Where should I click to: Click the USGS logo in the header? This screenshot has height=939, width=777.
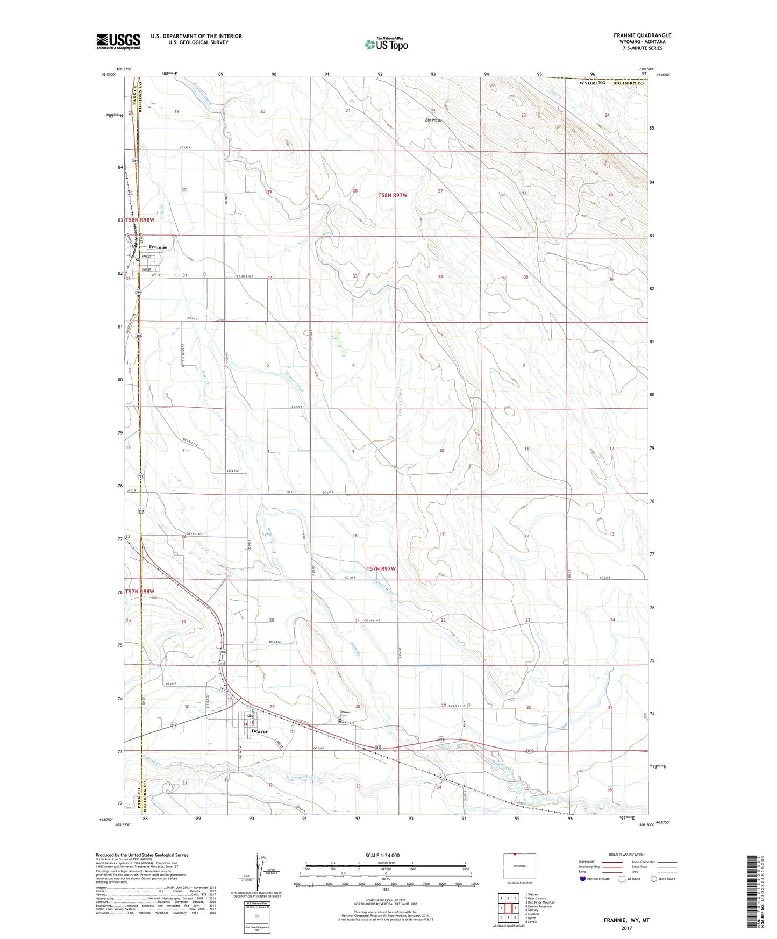[x=118, y=41]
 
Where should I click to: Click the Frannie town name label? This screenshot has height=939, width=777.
[x=158, y=247]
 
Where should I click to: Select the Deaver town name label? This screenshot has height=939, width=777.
[x=260, y=731]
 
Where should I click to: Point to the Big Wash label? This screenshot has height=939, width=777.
[x=433, y=120]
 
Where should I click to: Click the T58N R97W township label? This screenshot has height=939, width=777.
[x=396, y=196]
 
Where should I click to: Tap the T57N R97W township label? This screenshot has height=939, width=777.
[x=384, y=569]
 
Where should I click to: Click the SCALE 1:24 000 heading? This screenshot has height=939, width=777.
[x=384, y=855]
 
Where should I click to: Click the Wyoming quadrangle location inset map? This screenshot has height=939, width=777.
[x=519, y=868]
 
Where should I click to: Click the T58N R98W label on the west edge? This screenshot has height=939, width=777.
[x=140, y=220]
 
